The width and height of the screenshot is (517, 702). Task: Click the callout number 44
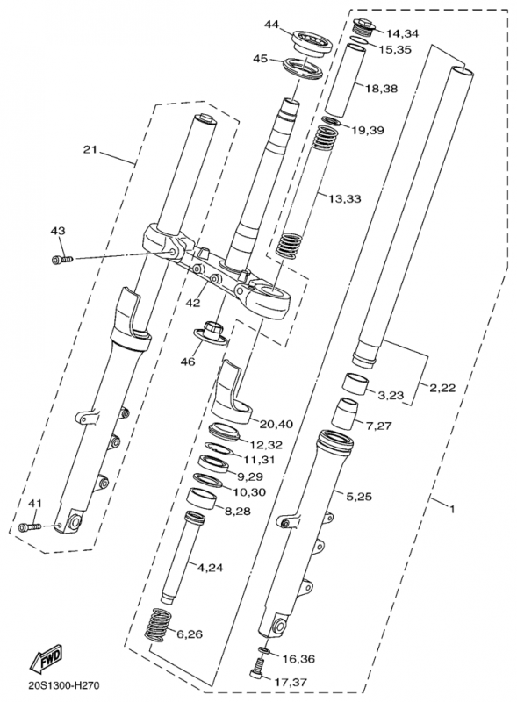[x=271, y=24]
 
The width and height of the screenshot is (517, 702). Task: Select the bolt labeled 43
[x=61, y=259]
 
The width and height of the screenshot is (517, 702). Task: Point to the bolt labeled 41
[x=30, y=527]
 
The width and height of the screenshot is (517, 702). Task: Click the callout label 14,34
[x=402, y=32]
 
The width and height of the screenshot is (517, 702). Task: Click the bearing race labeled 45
[x=304, y=68]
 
